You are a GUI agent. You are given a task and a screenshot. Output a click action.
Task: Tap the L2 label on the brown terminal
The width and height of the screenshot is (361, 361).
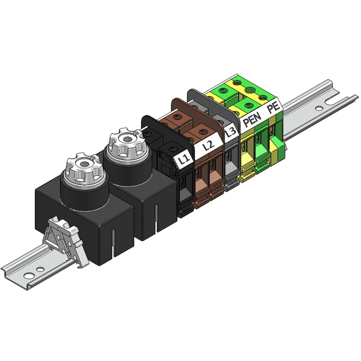click(x=208, y=145)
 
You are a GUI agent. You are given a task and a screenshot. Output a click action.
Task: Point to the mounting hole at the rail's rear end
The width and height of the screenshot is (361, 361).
click(x=319, y=108)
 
